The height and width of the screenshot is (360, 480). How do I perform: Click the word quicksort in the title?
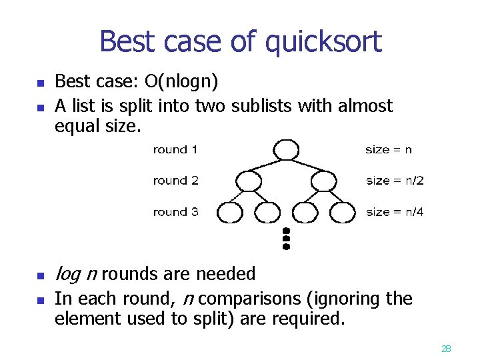pos(323,43)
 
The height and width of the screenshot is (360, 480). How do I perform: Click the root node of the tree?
pos(285,149)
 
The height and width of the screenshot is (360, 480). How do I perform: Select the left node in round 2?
pos(249,181)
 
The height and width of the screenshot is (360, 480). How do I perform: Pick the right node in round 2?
pos(323,181)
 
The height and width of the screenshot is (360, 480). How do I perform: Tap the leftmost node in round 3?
pos(230,212)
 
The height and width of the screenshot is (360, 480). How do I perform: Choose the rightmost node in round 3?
pos(343,212)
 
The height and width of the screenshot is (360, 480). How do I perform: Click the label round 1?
pos(175,149)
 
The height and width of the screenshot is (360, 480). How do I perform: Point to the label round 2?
pos(175,181)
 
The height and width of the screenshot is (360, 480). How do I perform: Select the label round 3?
pos(175,212)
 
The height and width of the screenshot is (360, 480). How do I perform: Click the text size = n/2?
pos(395,181)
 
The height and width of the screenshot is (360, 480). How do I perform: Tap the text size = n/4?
pos(395,212)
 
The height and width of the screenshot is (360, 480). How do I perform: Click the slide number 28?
pos(446,348)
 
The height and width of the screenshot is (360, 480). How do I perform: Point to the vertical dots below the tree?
pos(286,237)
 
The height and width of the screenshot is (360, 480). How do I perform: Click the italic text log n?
pos(77,274)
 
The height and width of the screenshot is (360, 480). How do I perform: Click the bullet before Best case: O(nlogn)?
pos(39,83)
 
